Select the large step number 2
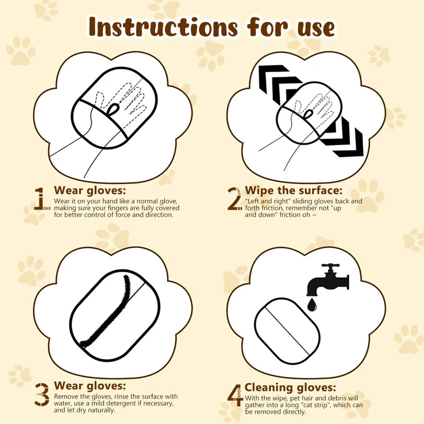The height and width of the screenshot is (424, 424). pyautogui.click(x=234, y=199)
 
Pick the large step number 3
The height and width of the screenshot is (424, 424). pyautogui.click(x=42, y=394)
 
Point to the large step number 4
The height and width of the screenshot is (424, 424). pyautogui.click(x=234, y=395)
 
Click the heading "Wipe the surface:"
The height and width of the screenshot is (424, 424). pyautogui.click(x=294, y=191)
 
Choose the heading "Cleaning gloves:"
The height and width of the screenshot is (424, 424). pyautogui.click(x=290, y=387)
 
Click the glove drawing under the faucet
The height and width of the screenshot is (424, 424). pyautogui.click(x=287, y=329)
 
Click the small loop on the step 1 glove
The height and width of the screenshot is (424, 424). pyautogui.click(x=113, y=109)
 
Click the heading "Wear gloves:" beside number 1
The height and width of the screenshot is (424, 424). pyautogui.click(x=90, y=191)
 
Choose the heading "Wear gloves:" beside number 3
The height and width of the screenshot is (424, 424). pyautogui.click(x=90, y=386)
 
